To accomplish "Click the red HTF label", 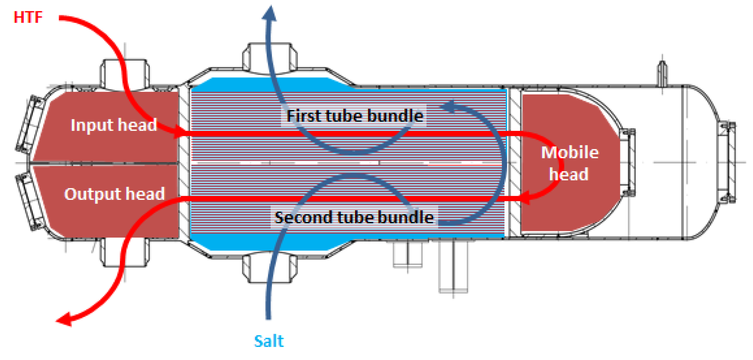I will pyautogui.click(x=28, y=17).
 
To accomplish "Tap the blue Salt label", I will pyautogui.click(x=269, y=341).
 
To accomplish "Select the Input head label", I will pyautogui.click(x=114, y=125).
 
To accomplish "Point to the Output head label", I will pyautogui.click(x=114, y=194).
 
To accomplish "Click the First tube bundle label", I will pyautogui.click(x=355, y=116).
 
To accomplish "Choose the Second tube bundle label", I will pyautogui.click(x=354, y=217).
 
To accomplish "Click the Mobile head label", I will pyautogui.click(x=570, y=163).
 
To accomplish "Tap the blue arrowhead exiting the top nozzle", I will pyautogui.click(x=270, y=14).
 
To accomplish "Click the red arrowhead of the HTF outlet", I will pyautogui.click(x=65, y=319).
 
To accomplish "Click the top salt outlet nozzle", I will pyautogui.click(x=270, y=58).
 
